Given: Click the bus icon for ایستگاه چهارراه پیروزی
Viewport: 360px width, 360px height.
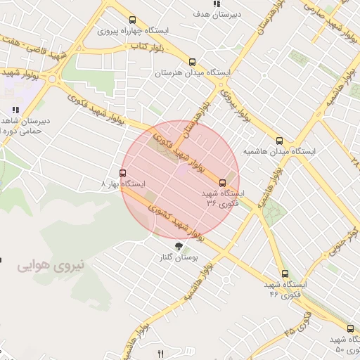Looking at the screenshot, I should click(133, 20).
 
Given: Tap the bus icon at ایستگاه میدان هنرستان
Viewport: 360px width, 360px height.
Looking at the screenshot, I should click(192, 61).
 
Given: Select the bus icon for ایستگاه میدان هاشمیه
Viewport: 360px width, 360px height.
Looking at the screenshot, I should click(280, 141).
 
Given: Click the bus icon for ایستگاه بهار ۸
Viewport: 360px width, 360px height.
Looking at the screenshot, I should click(123, 173).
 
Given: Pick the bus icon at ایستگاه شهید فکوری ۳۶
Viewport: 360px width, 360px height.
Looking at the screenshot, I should click(224, 182).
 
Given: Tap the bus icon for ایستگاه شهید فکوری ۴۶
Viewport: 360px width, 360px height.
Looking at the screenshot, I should click(285, 274).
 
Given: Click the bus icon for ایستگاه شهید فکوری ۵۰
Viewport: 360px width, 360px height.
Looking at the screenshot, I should click(350, 328).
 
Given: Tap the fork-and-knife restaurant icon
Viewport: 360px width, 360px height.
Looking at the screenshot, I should click(160, 354).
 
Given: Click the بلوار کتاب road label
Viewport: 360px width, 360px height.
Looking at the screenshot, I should click(147, 46).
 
